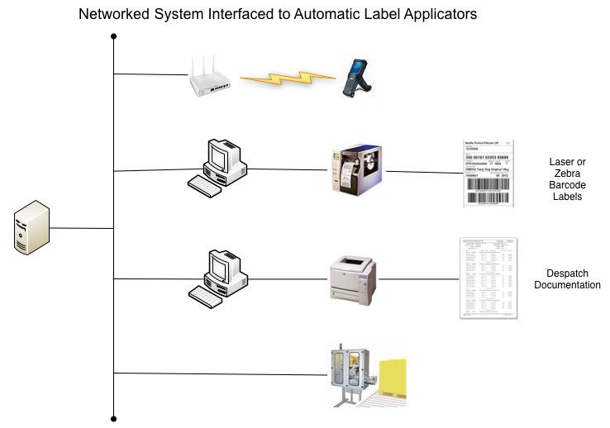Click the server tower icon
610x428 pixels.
31,229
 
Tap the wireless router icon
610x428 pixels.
211,75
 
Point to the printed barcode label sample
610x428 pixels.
488,174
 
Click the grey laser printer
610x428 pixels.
353,278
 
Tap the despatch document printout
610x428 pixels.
488,278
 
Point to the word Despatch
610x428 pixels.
566,273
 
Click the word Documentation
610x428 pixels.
567,285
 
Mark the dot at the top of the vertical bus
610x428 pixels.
113,36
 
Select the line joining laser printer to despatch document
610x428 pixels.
418,278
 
